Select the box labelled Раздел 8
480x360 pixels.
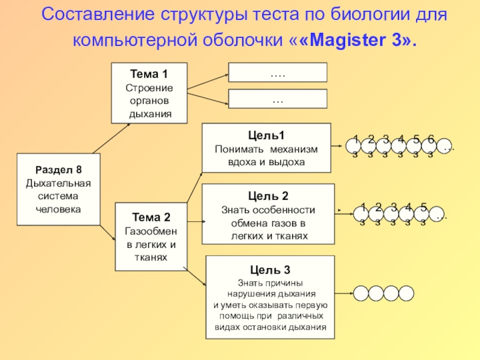click(58, 190)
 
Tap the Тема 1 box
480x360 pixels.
click(149, 94)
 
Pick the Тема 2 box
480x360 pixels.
click(151, 236)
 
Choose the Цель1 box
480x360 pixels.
click(266, 148)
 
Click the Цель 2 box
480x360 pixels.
click(268, 214)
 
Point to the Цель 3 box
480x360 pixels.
click(270, 297)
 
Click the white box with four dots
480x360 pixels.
click(278, 73)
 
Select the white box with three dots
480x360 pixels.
click(278, 98)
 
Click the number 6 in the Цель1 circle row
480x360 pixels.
click(431, 140)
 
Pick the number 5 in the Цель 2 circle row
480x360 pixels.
click(424, 208)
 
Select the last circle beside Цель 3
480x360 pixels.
click(407, 293)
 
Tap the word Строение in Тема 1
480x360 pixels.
click(149, 88)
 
